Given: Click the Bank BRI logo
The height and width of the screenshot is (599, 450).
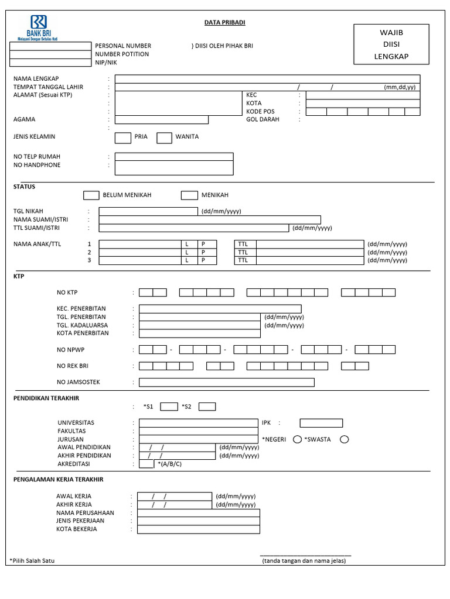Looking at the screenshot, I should click(x=38, y=27).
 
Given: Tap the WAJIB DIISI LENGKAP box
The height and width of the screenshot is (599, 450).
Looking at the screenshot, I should click(x=391, y=44).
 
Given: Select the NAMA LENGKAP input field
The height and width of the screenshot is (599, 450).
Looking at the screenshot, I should click(x=267, y=79).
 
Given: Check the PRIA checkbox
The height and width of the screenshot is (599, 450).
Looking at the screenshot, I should click(x=122, y=137).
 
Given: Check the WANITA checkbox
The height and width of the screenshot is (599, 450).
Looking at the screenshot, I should click(x=165, y=137).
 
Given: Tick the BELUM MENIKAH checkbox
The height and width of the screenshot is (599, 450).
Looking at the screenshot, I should click(x=91, y=195).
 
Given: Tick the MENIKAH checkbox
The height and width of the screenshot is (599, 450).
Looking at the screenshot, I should click(x=189, y=195).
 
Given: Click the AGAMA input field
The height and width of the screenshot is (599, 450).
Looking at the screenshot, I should click(x=161, y=120).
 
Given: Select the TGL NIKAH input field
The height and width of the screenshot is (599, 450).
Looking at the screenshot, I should click(x=148, y=211).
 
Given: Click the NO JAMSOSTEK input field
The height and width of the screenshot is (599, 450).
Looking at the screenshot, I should click(x=226, y=383).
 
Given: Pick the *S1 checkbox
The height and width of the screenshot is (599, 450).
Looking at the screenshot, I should click(x=169, y=407).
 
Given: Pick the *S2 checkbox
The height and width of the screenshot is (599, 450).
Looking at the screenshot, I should click(x=207, y=407).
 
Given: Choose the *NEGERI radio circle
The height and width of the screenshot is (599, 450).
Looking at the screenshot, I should click(x=297, y=439).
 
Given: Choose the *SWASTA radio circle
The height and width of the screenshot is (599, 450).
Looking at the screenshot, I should click(x=344, y=439).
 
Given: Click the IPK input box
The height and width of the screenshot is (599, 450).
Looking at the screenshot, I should click(x=321, y=423).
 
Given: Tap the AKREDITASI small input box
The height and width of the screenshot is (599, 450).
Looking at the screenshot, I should click(x=146, y=464).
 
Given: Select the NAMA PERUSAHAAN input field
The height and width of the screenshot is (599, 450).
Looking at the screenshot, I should click(x=199, y=513).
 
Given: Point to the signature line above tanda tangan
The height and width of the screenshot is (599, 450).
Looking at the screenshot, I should click(x=305, y=555).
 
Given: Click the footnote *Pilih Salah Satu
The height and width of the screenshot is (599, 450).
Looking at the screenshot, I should click(x=33, y=561).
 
